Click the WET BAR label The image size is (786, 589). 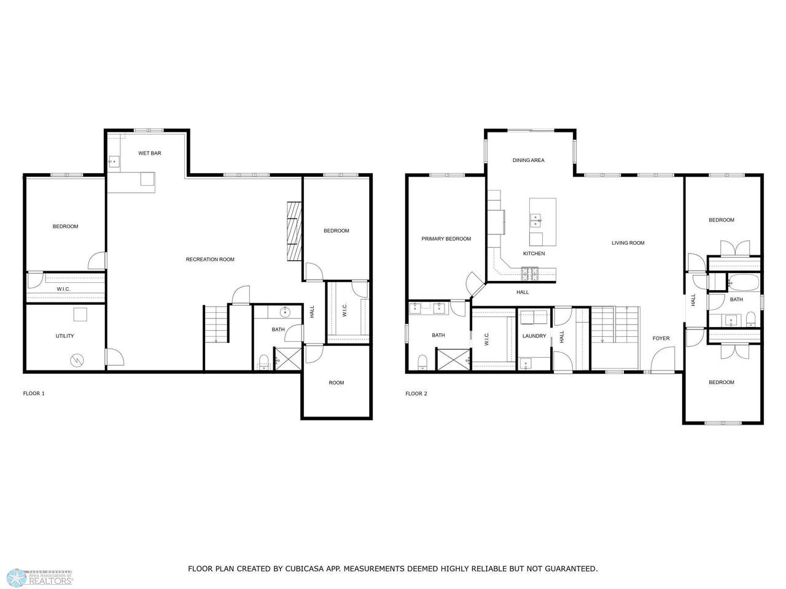coord(150,153)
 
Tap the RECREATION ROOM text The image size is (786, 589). coord(210,260)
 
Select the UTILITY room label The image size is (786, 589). coord(65,336)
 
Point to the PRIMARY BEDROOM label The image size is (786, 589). coord(446,239)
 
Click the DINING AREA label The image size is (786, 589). coord(528,160)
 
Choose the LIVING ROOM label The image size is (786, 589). coord(628,243)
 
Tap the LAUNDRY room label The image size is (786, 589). coord(534,336)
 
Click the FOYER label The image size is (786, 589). coord(661,338)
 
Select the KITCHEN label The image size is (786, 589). coord(534,253)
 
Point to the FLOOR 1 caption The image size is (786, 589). coord(34,393)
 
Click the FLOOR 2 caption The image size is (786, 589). coord(416,393)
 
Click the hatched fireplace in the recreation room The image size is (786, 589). coord(294,231)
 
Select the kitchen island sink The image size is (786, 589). coord(535,220)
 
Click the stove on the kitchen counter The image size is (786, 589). coord(529,274)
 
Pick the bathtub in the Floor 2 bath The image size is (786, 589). coord(744,283)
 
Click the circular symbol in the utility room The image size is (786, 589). coord(76,361)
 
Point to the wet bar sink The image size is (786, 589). coord(114,161)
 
